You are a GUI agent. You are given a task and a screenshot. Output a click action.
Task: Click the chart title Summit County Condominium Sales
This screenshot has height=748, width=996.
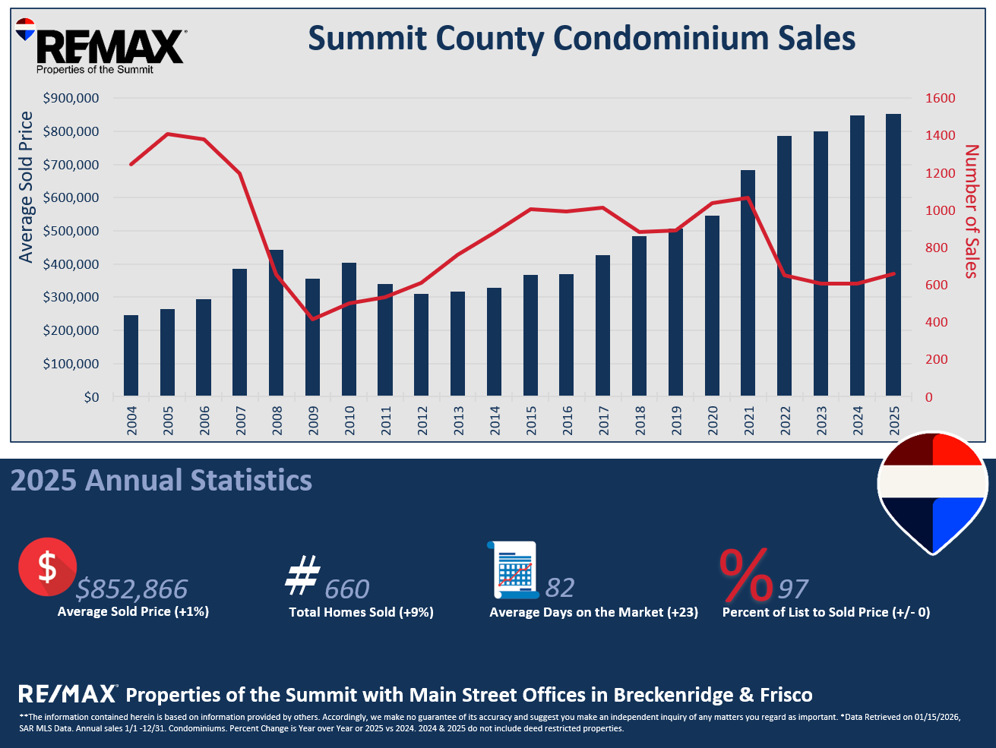581,39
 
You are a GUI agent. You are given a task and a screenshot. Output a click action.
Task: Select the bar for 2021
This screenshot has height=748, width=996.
748,282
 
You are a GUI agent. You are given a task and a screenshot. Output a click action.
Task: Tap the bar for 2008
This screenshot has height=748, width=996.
277,323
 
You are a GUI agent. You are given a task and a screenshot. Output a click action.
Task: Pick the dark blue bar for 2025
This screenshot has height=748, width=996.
893,255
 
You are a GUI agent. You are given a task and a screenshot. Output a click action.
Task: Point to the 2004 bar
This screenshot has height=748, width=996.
131,355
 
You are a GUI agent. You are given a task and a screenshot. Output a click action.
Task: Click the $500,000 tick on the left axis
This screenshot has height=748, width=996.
71,231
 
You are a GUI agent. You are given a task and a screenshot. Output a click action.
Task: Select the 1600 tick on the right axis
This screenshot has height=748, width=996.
940,99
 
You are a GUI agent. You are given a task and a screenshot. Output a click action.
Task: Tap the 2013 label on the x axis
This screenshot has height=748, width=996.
458,420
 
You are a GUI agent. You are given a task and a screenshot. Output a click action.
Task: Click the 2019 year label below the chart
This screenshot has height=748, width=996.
676,420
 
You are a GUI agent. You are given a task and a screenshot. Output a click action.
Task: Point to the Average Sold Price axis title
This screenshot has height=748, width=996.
27,187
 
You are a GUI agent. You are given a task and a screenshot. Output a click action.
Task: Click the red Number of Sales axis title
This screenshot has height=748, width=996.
972,211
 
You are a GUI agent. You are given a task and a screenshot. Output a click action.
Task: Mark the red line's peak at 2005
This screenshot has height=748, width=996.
168,134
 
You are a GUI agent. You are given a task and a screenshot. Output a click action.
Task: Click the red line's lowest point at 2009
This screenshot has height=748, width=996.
313,319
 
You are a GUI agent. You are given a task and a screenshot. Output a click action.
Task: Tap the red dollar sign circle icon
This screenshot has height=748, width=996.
47,567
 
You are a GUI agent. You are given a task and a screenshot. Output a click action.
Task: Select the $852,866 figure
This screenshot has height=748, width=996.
132,589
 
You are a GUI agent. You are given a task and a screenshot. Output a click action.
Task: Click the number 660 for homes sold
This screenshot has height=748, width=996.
346,589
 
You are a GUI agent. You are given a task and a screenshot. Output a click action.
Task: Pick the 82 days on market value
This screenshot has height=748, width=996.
560,588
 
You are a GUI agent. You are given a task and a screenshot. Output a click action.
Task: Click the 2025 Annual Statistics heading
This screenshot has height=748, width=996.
161,481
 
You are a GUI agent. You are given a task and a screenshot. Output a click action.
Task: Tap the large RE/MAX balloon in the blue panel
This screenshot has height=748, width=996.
932,492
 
